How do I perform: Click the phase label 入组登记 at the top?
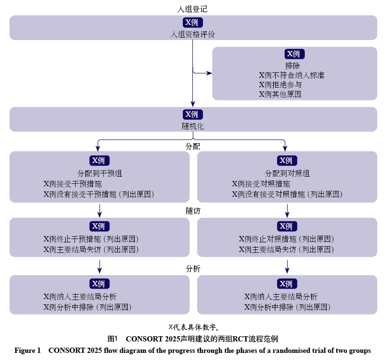[192, 9]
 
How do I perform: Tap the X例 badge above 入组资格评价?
[193, 22]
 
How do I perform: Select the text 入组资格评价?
[192, 34]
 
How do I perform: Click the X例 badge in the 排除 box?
[294, 54]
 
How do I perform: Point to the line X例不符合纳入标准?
[291, 75]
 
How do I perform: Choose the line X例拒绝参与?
[280, 85]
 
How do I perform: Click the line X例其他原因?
[280, 94]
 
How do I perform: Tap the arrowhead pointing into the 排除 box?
[210, 73]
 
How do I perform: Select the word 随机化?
[193, 126]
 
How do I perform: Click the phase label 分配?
[193, 146]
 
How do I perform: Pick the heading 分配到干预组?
[100, 173]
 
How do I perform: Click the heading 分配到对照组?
[287, 173]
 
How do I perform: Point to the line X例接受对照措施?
[261, 184]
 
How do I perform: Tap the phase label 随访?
[193, 211]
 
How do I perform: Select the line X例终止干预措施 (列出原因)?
[91, 239]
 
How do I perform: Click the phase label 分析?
[193, 269]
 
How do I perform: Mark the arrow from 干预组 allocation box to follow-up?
[100, 211]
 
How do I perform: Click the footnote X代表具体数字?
[194, 327]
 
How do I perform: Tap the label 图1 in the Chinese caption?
[112, 339]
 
